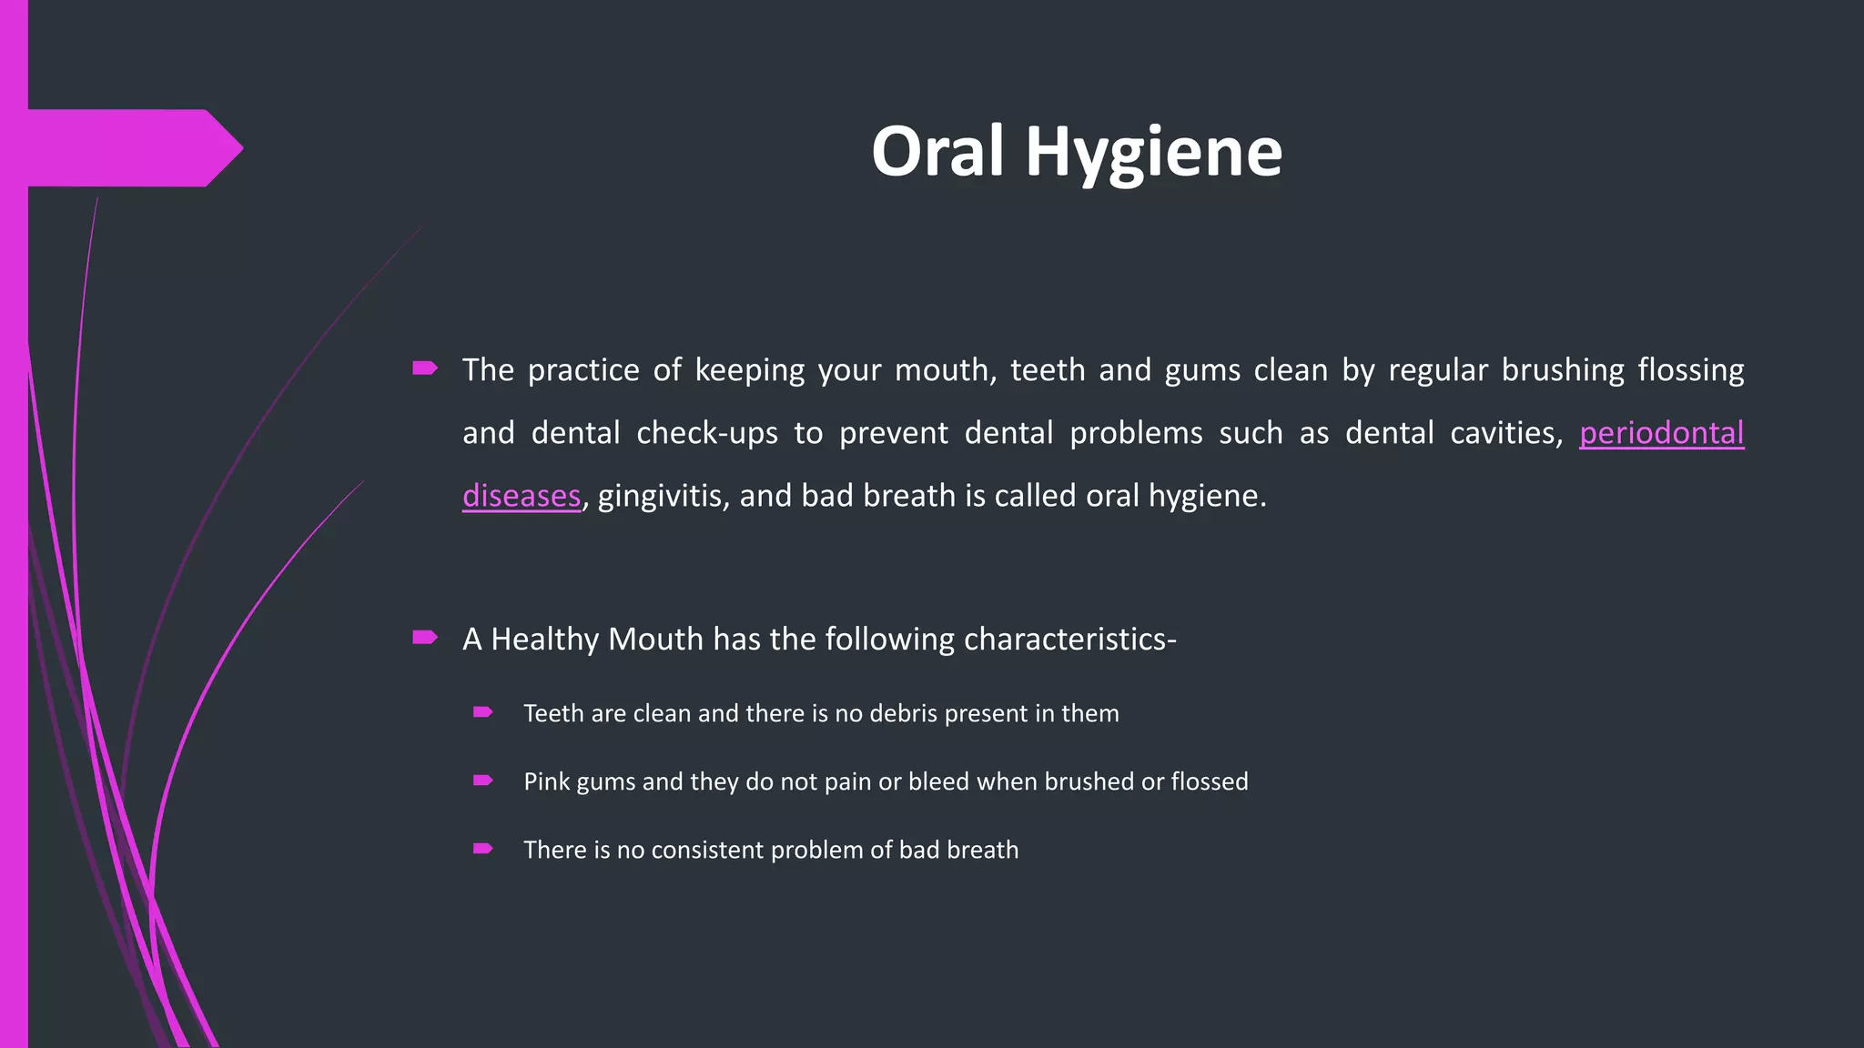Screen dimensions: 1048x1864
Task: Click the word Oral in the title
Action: point(937,151)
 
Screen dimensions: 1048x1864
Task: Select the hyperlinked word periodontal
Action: point(1661,433)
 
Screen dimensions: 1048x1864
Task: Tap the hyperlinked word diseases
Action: point(522,496)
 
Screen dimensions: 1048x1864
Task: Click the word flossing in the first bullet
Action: point(1690,370)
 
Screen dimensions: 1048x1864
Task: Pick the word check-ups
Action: point(707,433)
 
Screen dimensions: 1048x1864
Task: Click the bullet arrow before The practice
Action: point(425,368)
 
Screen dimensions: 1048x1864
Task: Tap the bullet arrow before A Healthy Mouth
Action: point(425,637)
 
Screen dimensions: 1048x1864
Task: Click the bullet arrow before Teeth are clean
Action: point(483,712)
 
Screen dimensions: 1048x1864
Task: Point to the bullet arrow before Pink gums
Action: point(483,781)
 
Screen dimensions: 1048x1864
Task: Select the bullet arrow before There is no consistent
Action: point(483,849)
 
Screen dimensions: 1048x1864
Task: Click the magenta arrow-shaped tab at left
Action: point(127,147)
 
